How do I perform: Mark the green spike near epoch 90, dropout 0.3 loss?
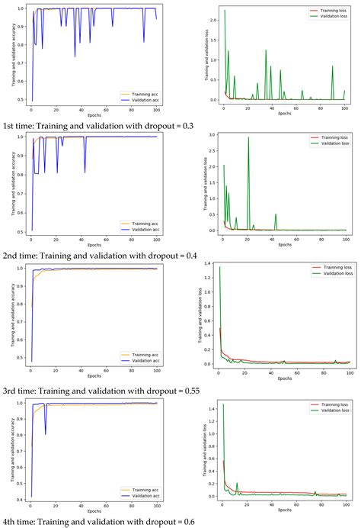click(332, 66)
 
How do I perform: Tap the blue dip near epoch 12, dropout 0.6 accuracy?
click(45, 434)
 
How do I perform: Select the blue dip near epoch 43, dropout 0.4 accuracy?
click(85, 172)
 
